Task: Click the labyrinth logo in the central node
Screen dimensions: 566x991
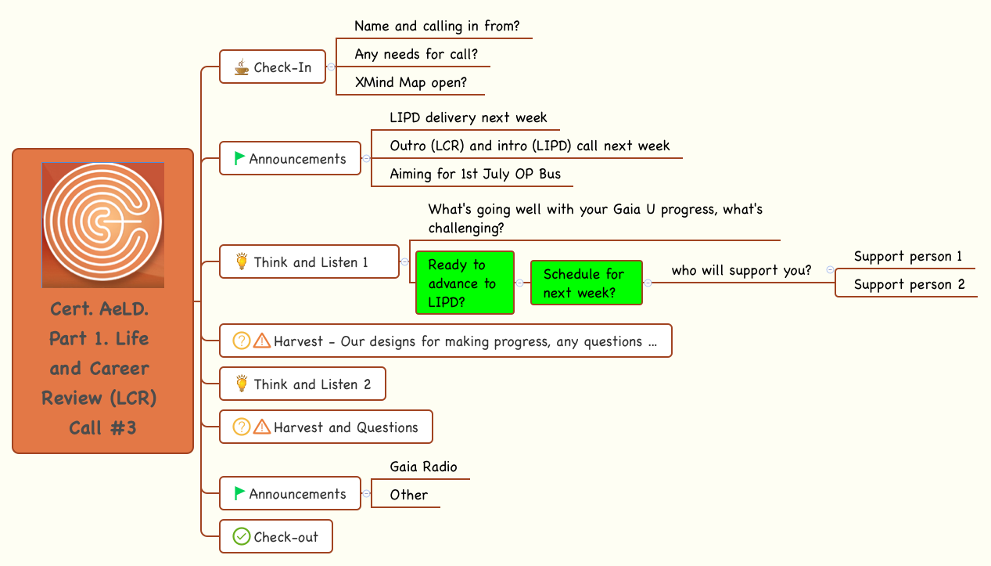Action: [x=102, y=225]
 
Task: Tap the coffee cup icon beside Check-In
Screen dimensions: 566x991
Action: [x=242, y=67]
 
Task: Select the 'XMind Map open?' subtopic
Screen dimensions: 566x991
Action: [x=411, y=82]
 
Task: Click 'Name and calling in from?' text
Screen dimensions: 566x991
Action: [x=436, y=26]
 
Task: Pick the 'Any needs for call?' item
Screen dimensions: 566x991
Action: [x=416, y=54]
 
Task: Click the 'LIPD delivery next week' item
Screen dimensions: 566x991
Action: [x=468, y=117]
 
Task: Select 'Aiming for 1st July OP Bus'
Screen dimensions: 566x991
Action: [x=475, y=174]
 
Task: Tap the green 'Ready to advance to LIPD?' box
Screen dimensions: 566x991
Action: [x=465, y=283]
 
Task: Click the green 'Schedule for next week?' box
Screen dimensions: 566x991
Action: [x=586, y=283]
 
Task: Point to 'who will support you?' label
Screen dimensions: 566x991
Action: [x=741, y=270]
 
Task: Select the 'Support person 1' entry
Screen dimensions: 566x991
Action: [x=908, y=256]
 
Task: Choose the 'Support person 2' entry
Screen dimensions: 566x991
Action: [x=909, y=284]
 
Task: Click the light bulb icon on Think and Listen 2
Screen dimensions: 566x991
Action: [x=242, y=384]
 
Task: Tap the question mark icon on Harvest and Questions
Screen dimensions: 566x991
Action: [x=242, y=427]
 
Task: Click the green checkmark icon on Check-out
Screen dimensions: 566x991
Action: [x=242, y=537]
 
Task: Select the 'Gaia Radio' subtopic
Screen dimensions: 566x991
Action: [x=423, y=467]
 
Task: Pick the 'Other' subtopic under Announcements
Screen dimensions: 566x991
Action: [x=408, y=495]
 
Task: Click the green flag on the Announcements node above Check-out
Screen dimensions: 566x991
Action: [x=239, y=493]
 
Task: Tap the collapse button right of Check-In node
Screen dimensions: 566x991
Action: [x=331, y=67]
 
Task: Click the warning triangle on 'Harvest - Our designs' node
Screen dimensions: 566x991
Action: [x=262, y=341]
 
